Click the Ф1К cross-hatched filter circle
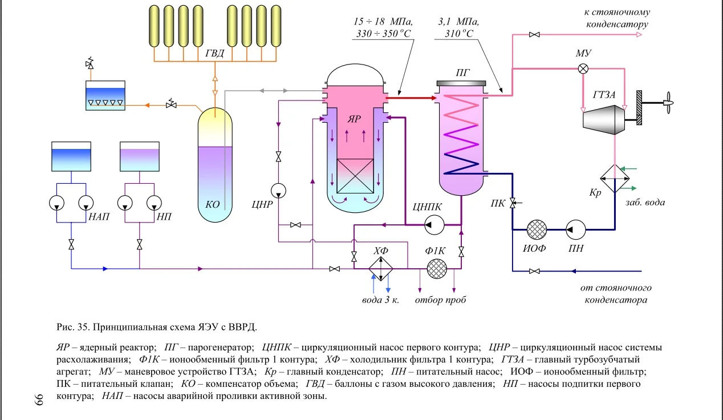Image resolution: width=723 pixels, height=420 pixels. [437, 268]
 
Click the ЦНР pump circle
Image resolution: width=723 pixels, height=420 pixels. [278, 189]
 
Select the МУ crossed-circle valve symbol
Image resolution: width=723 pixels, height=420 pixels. [583, 68]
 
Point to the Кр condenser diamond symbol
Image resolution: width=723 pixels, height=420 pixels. [614, 178]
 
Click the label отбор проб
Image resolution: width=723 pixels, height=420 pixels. [440, 300]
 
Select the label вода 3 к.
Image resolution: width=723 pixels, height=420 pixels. [380, 300]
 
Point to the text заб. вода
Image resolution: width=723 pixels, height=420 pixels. [644, 202]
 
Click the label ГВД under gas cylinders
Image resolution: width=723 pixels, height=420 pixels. [215, 54]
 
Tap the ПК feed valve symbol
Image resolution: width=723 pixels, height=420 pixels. [512, 202]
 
